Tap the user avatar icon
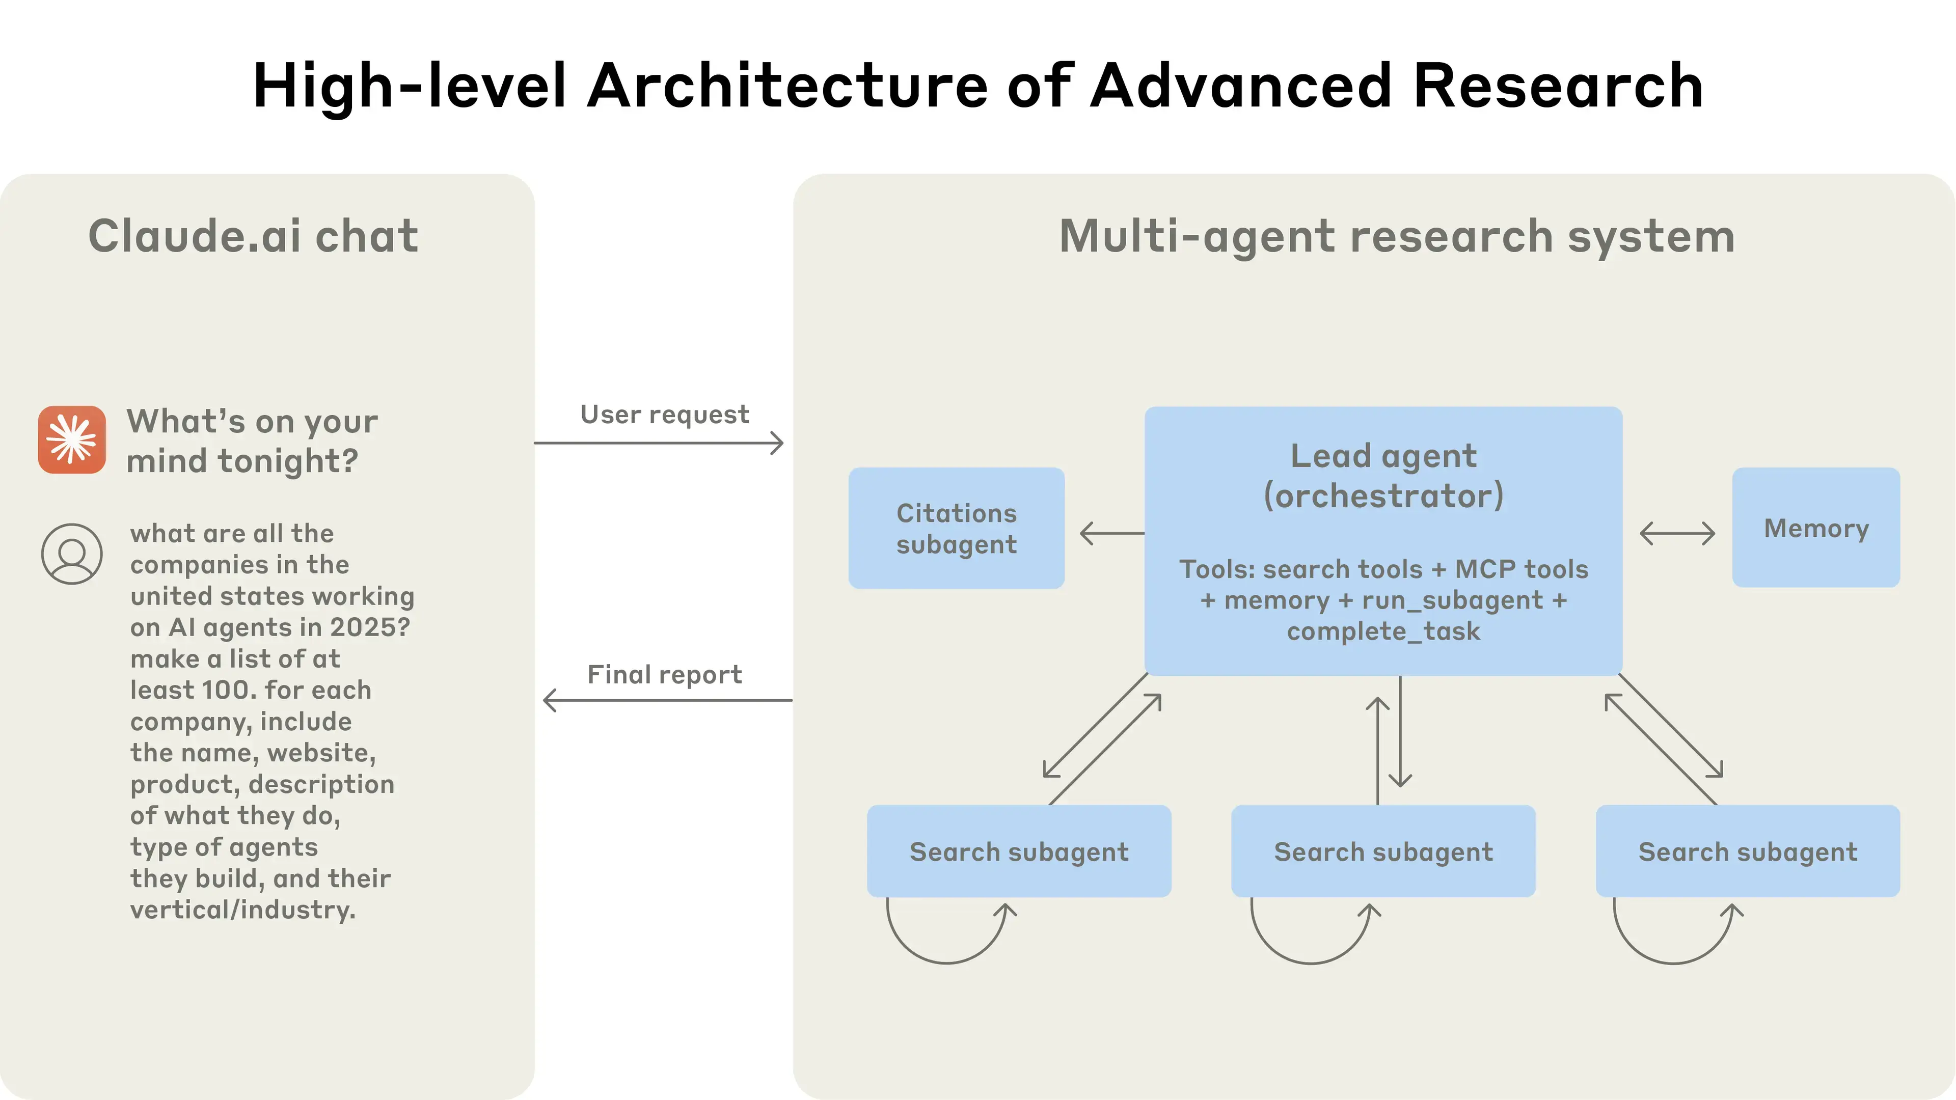pyautogui.click(x=72, y=554)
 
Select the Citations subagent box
pyautogui.click(x=956, y=529)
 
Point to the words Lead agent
pyautogui.click(x=1383, y=455)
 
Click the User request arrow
pyautogui.click(x=659, y=443)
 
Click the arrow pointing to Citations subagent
pyautogui.click(x=1111, y=533)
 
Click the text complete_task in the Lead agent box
pyautogui.click(x=1383, y=631)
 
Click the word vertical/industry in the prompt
pyautogui.click(x=242, y=910)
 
